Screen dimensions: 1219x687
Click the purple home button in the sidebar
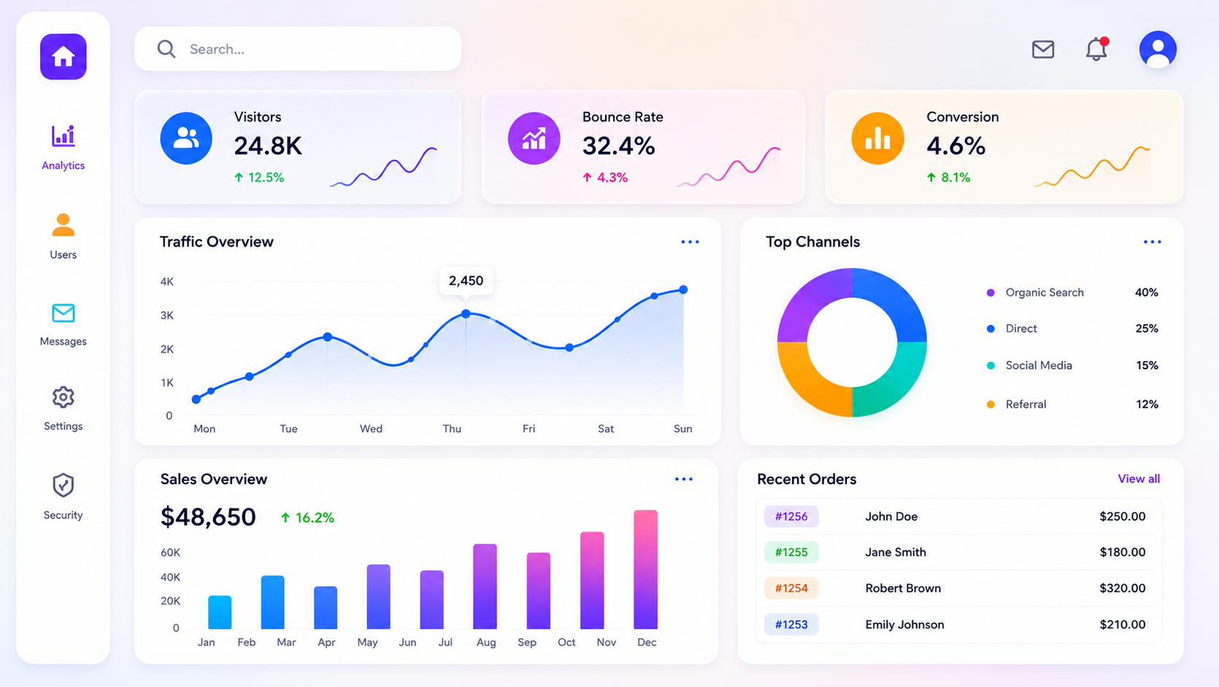[63, 57]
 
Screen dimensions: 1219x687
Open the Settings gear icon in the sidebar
[63, 397]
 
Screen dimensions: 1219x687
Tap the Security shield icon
[63, 485]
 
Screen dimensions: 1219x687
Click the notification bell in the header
[1096, 49]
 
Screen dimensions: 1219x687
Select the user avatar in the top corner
[1158, 49]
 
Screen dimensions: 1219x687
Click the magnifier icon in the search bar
[166, 49]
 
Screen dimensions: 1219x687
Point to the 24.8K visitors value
[268, 146]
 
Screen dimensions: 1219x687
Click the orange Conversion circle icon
[878, 138]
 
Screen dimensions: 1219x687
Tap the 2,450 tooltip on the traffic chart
[466, 281]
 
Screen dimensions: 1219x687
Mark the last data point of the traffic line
[683, 290]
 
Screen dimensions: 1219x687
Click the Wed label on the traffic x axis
[371, 429]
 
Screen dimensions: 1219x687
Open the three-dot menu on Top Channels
[1152, 242]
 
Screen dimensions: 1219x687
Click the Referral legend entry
[1026, 404]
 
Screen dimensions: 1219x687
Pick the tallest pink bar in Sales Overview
[646, 569]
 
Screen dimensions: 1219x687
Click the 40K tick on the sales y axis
[170, 577]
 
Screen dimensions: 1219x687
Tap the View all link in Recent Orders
[1139, 478]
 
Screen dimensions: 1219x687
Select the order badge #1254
[791, 588]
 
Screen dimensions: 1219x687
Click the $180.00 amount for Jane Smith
[1122, 552]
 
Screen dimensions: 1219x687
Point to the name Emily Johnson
[904, 624]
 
